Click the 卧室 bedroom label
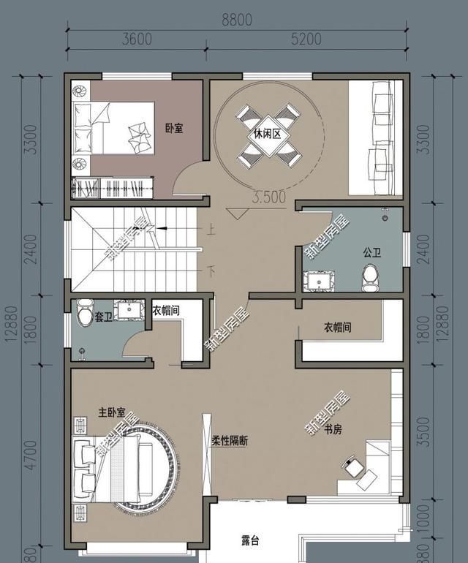click(173, 129)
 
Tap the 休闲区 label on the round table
click(268, 135)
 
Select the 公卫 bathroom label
click(371, 252)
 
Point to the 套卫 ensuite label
click(103, 318)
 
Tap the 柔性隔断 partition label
click(230, 442)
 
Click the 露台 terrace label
click(251, 541)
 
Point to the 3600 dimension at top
click(137, 39)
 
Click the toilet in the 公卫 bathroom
click(371, 276)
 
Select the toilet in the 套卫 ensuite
click(81, 315)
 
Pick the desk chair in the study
click(352, 464)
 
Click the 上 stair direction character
click(211, 230)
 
